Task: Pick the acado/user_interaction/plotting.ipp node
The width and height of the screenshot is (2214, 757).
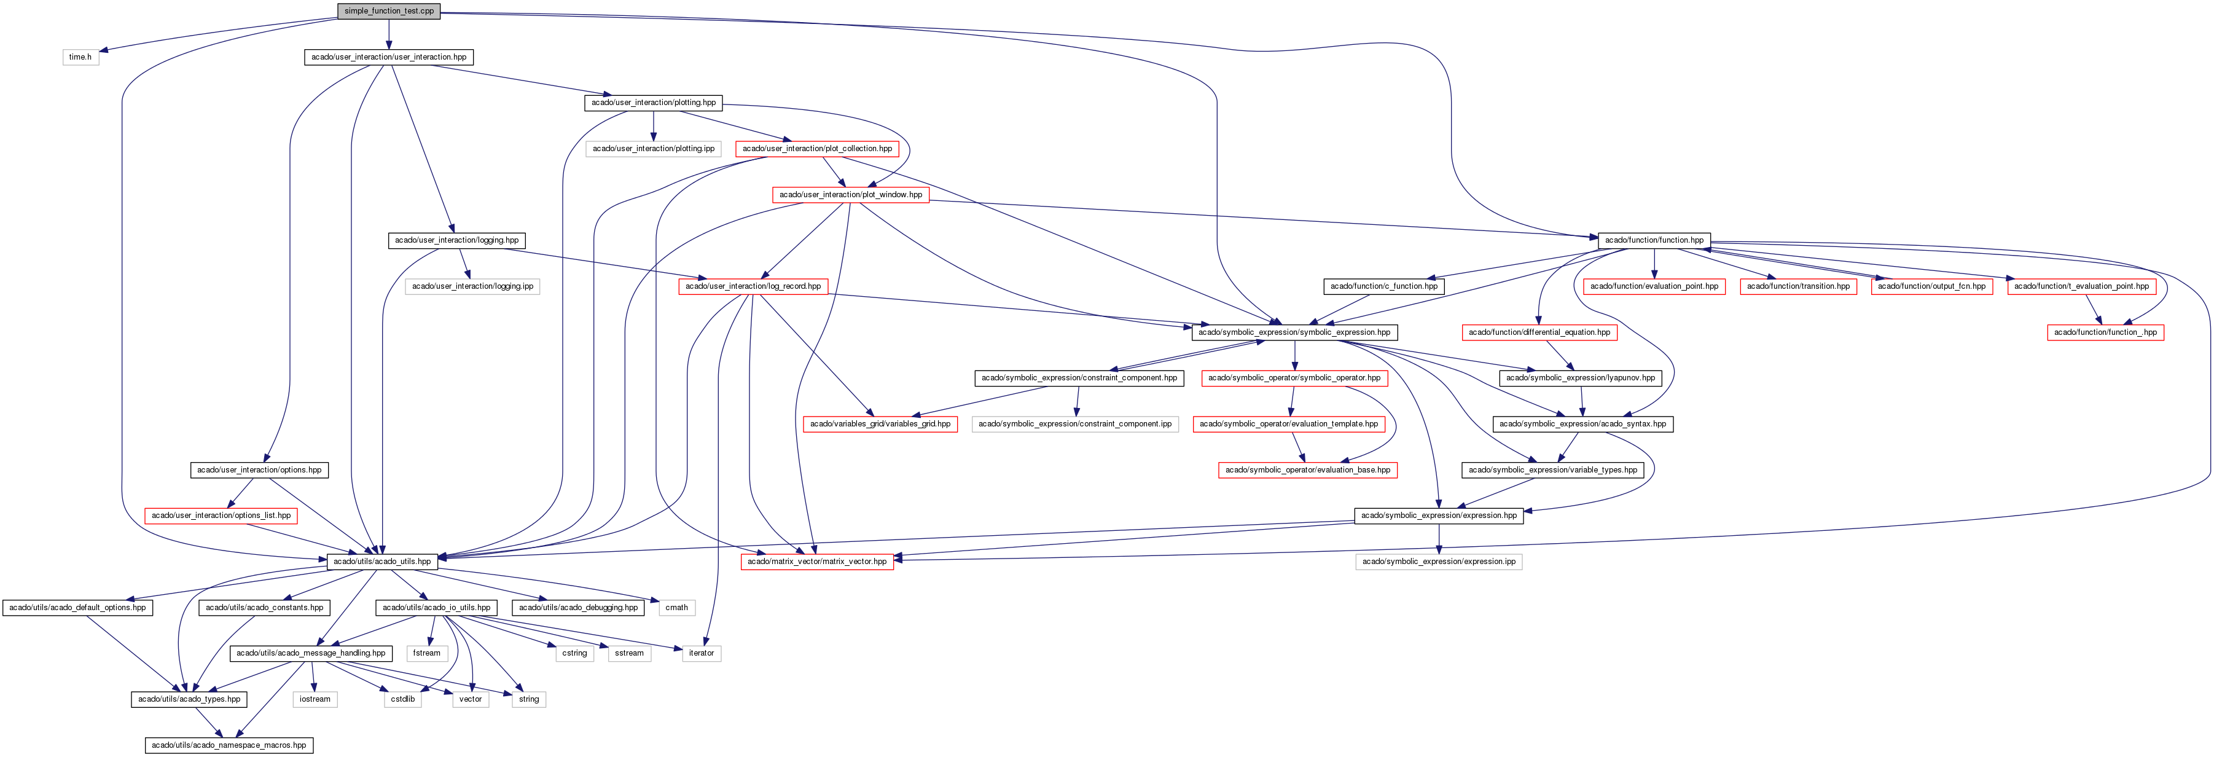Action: (x=653, y=149)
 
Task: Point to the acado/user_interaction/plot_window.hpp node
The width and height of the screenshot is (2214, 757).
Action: (x=850, y=195)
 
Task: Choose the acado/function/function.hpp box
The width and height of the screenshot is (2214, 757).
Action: (x=1654, y=241)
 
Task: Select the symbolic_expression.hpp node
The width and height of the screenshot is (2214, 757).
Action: (x=1294, y=332)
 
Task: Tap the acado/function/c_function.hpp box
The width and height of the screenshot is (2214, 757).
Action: (x=1383, y=286)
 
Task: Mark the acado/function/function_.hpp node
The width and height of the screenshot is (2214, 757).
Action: (x=2105, y=332)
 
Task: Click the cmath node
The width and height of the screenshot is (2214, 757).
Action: (x=676, y=608)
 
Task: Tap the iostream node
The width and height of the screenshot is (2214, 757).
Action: (x=315, y=699)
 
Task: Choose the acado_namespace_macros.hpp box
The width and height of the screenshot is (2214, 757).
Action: (x=229, y=745)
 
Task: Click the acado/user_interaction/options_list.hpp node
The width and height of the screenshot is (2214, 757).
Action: (x=221, y=516)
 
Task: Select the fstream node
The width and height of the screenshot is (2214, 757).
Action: (x=426, y=653)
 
